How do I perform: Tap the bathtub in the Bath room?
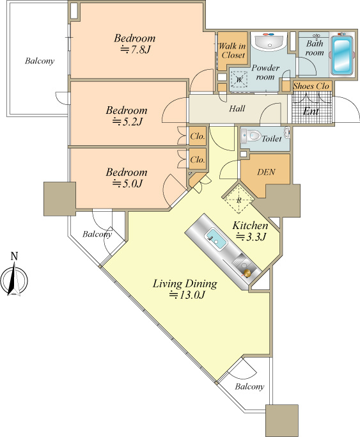(x=341, y=55)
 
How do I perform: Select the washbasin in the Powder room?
(x=269, y=41)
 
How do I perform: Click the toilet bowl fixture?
(x=252, y=136)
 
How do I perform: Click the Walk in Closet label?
(x=232, y=51)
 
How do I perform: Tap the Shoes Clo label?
(x=311, y=86)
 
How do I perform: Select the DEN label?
(x=266, y=172)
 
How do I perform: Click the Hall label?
(x=237, y=108)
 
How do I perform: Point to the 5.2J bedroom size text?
(x=127, y=122)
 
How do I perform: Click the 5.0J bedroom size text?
(x=127, y=184)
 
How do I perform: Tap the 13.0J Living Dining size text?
(x=187, y=295)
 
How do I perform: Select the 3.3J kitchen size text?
(x=251, y=237)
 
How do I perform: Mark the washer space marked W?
(x=239, y=79)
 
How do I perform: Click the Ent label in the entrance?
(x=311, y=111)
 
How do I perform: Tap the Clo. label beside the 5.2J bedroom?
(x=198, y=136)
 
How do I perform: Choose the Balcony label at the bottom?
(x=249, y=386)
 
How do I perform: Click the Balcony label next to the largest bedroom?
(x=40, y=61)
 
